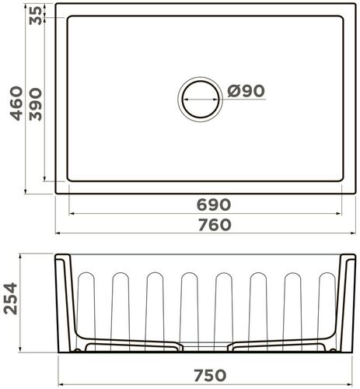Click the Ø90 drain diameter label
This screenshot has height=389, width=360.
tap(246, 91)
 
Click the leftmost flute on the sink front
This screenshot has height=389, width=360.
tap(86, 306)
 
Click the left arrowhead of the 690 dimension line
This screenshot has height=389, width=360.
tap(71, 213)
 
